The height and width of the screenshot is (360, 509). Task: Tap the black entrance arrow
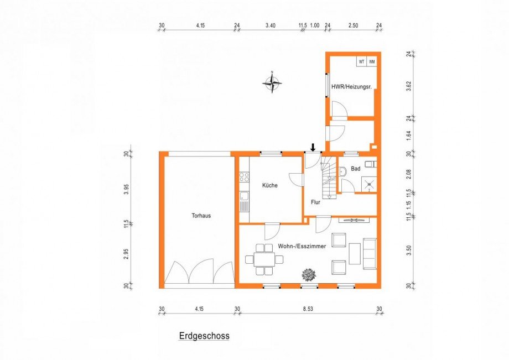[313, 148]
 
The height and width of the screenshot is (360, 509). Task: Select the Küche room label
[270, 185]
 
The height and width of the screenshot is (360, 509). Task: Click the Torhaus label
[201, 216]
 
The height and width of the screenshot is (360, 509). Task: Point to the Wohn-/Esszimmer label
[302, 247]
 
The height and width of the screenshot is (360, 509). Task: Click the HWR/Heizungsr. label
[351, 87]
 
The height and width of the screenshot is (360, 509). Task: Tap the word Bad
[356, 169]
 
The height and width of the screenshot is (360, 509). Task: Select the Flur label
[315, 202]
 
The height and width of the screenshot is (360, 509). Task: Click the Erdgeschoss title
[204, 336]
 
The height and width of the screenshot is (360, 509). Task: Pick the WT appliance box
[362, 61]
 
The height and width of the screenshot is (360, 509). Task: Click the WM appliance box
[372, 61]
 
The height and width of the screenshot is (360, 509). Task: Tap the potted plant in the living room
[309, 275]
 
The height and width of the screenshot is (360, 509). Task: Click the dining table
[264, 259]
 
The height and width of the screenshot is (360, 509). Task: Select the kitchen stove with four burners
[244, 177]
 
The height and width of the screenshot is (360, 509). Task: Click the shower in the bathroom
[369, 185]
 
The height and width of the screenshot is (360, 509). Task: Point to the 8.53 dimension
[308, 309]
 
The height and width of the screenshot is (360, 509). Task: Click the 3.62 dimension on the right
[409, 86]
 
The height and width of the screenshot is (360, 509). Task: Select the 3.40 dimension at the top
[271, 25]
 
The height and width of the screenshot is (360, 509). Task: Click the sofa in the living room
[370, 254]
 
